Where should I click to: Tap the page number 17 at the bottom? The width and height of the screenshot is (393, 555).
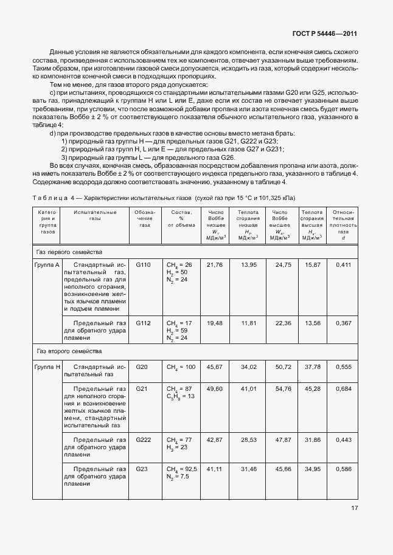coord(354,526)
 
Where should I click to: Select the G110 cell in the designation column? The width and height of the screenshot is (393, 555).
coord(142,264)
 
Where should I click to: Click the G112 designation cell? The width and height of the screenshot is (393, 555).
coord(142,323)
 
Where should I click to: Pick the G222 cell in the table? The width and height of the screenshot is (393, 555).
coord(142,439)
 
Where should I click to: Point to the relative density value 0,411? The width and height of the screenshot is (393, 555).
coord(344,264)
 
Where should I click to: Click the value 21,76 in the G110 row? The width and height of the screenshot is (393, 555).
coord(215,264)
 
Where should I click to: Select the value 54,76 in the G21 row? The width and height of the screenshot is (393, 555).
coord(283,388)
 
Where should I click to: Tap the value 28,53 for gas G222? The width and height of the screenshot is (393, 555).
coord(249,439)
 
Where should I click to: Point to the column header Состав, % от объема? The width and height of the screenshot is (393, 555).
coord(181,217)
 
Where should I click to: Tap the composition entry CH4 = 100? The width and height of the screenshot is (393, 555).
coord(181,367)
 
